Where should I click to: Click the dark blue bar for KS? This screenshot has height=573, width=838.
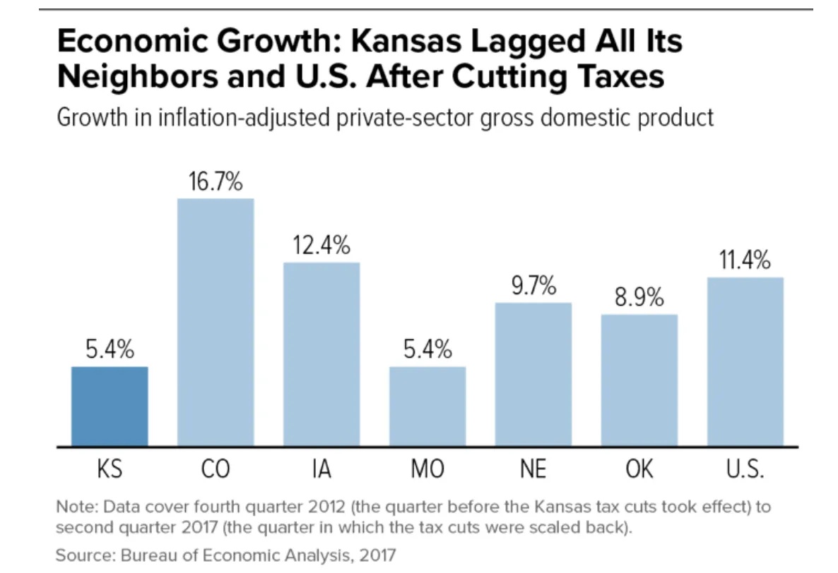[110, 406]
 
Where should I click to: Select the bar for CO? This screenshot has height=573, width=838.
[216, 322]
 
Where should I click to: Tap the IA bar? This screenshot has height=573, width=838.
[321, 354]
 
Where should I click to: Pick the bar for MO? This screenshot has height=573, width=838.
[427, 406]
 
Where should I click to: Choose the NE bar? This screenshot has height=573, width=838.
[533, 375]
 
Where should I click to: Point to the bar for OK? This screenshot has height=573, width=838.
[639, 380]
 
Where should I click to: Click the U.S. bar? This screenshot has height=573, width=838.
[745, 362]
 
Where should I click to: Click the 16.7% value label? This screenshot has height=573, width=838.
[216, 182]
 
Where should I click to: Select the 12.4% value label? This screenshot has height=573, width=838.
[321, 246]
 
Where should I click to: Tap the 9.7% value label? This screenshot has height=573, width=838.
[533, 286]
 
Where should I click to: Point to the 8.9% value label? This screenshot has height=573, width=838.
[639, 298]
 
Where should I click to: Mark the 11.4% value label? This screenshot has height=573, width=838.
[745, 261]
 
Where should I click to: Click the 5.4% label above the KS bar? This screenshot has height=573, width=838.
[110, 350]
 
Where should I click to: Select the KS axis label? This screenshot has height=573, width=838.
[109, 469]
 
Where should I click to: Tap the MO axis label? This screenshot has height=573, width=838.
[427, 469]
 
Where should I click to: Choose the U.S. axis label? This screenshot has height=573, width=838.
[745, 469]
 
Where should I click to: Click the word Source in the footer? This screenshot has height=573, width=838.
[84, 555]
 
